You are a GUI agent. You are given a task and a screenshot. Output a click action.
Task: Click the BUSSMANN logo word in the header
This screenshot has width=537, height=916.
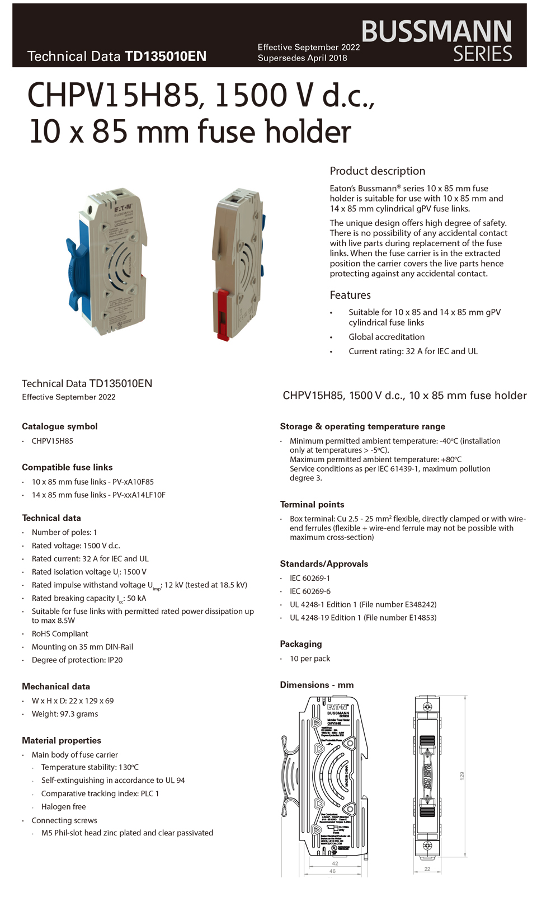[x=436, y=32]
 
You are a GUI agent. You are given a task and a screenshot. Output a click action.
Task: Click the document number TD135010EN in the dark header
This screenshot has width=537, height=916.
[x=166, y=57]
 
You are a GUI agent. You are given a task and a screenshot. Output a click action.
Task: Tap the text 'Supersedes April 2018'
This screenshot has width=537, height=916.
[x=302, y=58]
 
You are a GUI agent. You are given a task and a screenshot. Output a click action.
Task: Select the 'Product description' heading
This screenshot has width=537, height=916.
[x=377, y=171]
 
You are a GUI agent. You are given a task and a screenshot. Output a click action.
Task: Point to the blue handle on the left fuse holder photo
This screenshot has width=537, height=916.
[x=76, y=263]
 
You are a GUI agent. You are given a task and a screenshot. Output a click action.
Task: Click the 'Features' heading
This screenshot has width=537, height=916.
[x=350, y=295]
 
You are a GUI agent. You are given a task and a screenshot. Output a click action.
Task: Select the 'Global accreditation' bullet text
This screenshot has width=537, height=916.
[x=387, y=337]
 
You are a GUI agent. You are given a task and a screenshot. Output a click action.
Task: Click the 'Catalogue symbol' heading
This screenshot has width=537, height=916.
[x=59, y=426]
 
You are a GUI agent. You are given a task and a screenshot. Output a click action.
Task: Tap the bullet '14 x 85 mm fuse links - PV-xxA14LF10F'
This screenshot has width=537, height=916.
[x=98, y=495]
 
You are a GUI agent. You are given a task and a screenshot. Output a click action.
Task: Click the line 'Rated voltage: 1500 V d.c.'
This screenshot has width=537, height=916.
[x=76, y=546]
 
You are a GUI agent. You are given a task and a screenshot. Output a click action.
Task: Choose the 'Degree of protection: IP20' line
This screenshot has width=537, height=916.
[x=77, y=660]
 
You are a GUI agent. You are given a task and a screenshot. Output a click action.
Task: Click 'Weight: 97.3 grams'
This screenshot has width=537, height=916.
[x=65, y=714]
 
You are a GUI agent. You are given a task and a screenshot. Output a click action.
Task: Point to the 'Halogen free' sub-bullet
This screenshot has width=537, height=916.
[x=63, y=807]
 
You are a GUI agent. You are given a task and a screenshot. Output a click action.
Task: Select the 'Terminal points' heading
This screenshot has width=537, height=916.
[x=312, y=505]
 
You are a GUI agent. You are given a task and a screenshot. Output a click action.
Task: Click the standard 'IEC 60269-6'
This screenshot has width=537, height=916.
[x=310, y=591]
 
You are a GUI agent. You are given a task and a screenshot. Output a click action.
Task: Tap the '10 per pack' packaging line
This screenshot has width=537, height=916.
[x=310, y=659]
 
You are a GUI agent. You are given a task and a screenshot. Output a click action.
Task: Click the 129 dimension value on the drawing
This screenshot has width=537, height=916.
[x=462, y=776]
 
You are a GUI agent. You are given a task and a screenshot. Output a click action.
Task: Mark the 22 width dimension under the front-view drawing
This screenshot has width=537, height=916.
[x=427, y=869]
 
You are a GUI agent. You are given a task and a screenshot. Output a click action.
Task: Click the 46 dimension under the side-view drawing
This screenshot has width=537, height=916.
[x=333, y=871]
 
